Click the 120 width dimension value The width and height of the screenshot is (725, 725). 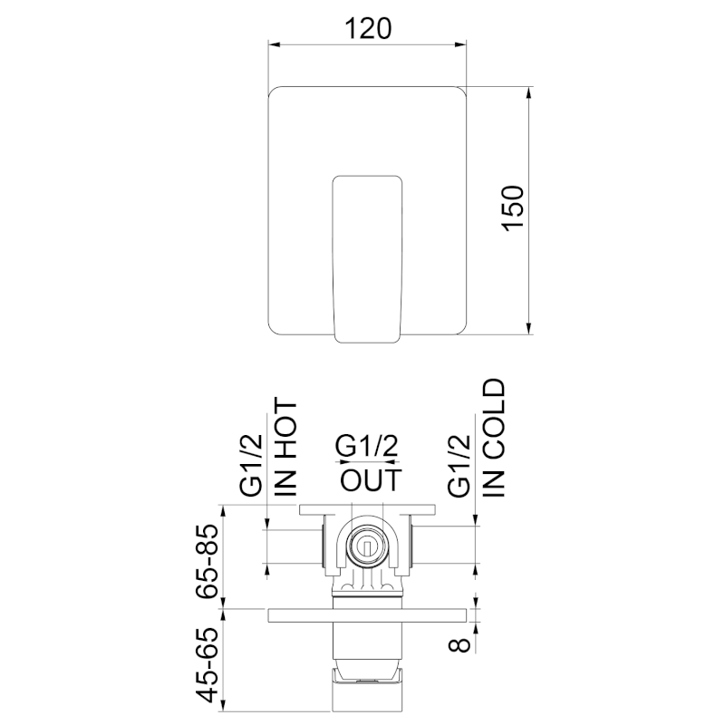(x=368, y=28)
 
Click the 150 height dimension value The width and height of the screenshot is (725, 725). (x=513, y=208)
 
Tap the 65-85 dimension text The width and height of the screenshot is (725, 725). (x=207, y=561)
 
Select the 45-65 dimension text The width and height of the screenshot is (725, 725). (x=207, y=664)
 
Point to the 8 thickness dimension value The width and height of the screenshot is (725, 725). (x=459, y=644)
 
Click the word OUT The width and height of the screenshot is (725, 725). (x=372, y=480)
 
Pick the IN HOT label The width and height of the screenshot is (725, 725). (x=285, y=447)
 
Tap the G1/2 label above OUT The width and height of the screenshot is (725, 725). (x=366, y=446)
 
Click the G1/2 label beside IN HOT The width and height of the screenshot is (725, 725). (x=252, y=466)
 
